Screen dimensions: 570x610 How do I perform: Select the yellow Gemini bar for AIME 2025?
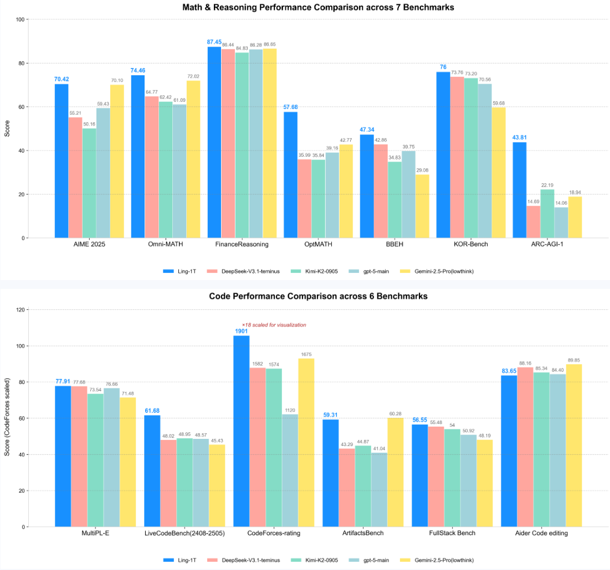[117, 161]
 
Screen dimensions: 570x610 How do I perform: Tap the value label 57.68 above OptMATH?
[290, 107]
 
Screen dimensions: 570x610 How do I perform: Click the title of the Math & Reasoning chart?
[319, 8]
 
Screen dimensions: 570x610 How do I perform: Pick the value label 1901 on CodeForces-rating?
[241, 331]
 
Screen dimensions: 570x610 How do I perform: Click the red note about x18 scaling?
[274, 325]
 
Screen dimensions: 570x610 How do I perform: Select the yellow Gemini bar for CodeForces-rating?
[306, 442]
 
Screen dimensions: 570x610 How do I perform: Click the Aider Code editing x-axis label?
[541, 533]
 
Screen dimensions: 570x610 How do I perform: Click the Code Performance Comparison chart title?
[318, 296]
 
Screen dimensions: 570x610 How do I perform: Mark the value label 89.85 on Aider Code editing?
[574, 359]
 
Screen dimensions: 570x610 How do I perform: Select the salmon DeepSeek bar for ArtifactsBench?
[347, 487]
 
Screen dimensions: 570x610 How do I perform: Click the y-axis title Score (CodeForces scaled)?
[7, 417]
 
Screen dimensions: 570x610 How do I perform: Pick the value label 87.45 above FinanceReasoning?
[214, 42]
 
